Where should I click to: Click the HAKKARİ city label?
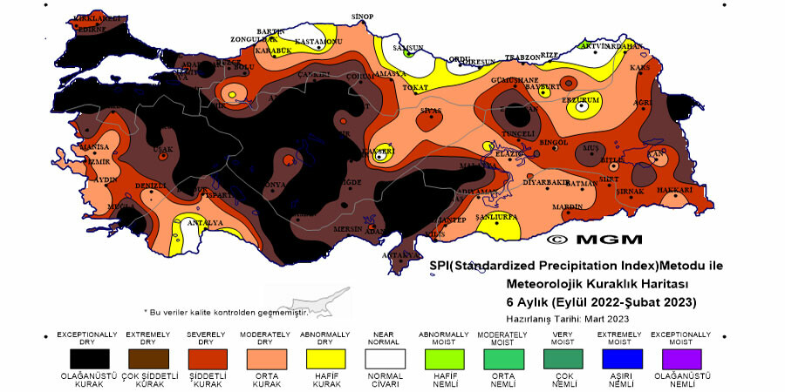tap(674, 189)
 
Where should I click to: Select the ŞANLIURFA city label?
tap(495, 216)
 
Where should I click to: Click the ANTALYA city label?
tap(208, 223)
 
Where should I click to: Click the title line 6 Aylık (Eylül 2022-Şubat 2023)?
tap(601, 302)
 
